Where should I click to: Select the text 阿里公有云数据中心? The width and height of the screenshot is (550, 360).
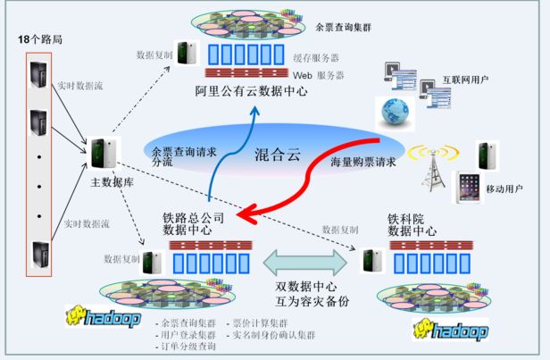click(x=253, y=91)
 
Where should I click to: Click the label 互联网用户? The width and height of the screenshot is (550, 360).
click(x=465, y=81)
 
